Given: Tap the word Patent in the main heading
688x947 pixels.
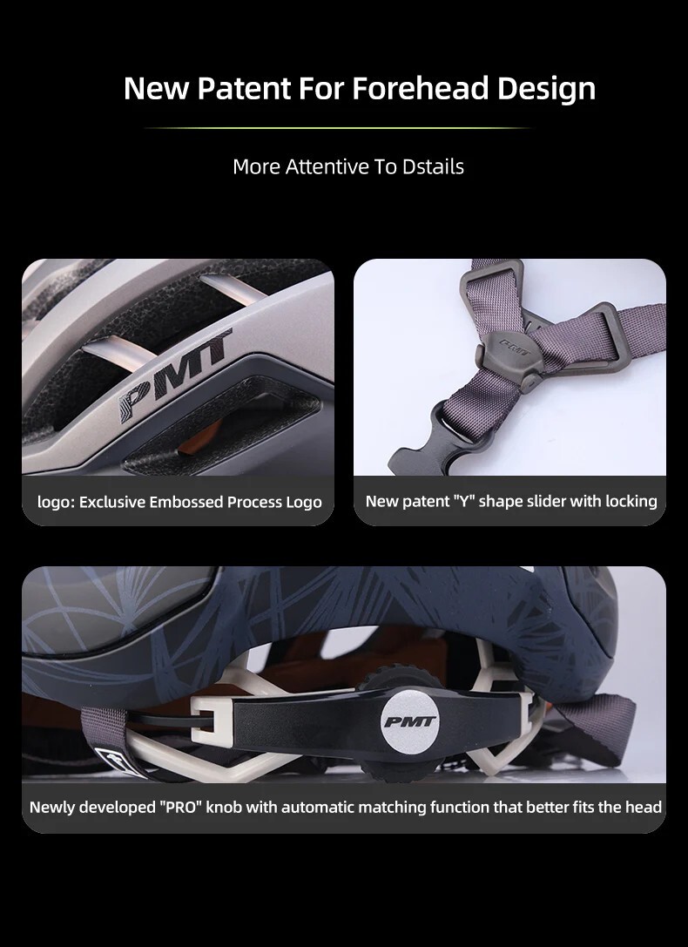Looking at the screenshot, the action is (244, 88).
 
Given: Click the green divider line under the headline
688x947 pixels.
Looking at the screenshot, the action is (337, 128).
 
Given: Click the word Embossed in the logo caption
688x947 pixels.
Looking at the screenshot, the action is (186, 502).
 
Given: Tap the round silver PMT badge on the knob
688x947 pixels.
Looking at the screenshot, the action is (410, 722).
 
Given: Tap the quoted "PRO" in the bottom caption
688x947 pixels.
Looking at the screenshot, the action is (181, 807).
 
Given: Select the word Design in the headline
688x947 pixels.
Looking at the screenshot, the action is (546, 89).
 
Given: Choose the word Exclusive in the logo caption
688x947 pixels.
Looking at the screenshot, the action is (112, 502).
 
